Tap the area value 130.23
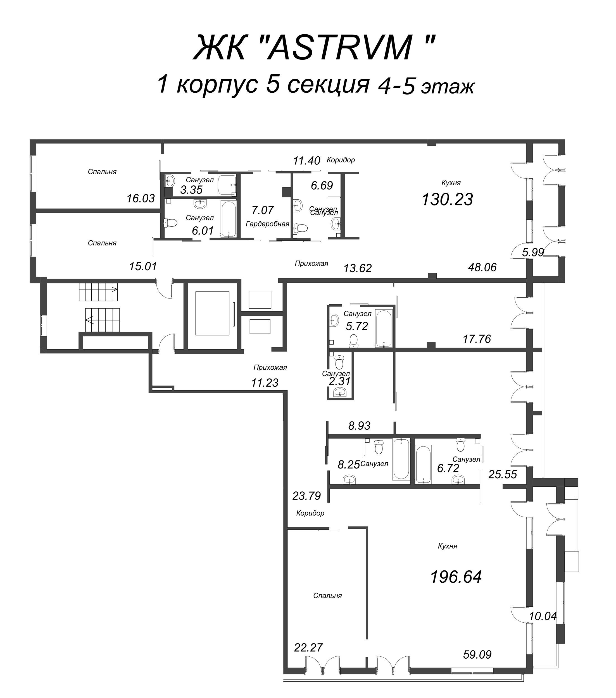click(x=447, y=199)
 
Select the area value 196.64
click(x=456, y=577)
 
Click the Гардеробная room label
click(x=268, y=224)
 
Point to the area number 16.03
click(x=141, y=199)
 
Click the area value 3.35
click(x=191, y=190)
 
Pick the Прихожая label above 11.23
click(x=270, y=367)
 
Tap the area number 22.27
click(x=308, y=647)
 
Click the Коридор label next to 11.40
click(x=341, y=160)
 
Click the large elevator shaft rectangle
click(x=212, y=314)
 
